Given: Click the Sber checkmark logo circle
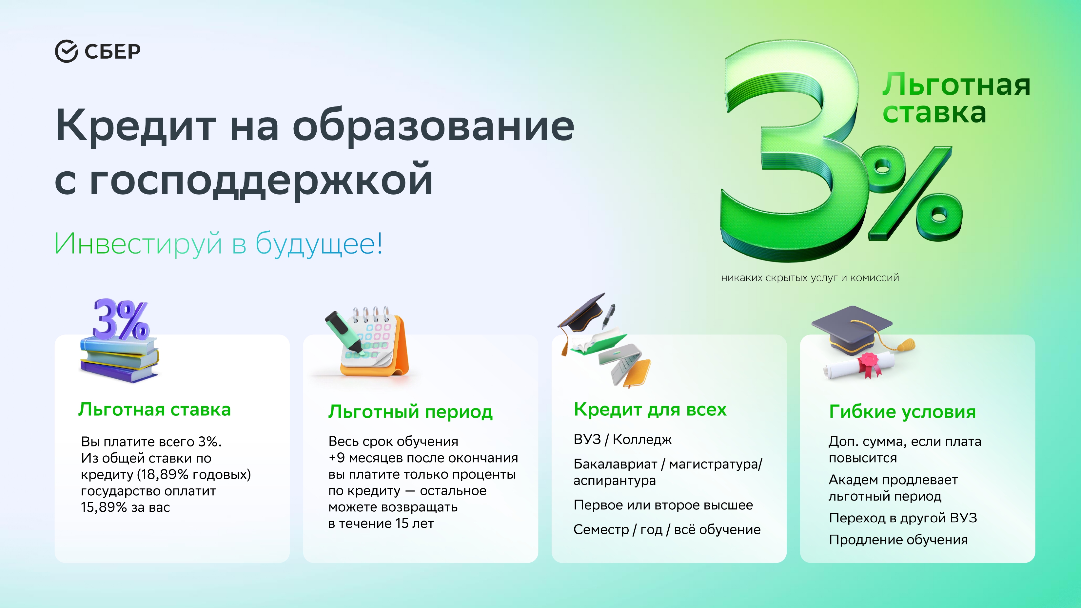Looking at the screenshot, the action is coord(66,51).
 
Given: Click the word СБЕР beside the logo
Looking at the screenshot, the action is coord(112,51).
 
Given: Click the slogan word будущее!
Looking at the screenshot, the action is coord(319,243).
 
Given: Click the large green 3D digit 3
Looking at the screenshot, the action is coord(789,151).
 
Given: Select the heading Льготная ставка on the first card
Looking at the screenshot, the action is coord(154,410).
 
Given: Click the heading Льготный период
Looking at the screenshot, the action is coord(410,412).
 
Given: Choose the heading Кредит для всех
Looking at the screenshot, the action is coord(650,409).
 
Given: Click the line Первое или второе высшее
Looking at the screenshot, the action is coord(663,505).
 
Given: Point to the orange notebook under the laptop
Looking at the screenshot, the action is coord(636,373).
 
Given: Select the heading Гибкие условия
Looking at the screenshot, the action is coord(902,411).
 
